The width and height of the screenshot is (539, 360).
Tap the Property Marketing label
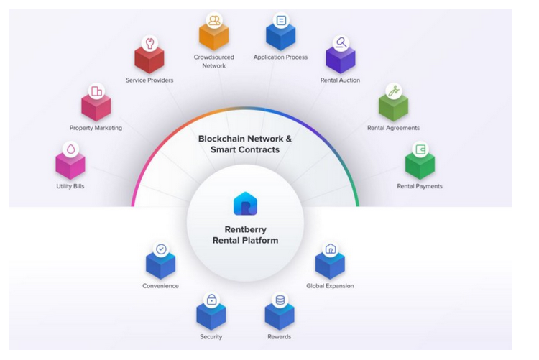[96, 128]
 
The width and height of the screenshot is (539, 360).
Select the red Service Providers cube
[149, 60]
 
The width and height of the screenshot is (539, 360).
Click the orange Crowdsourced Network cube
[213, 35]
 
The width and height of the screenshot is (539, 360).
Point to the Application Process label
[280, 57]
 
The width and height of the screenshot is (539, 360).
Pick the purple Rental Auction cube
[340, 58]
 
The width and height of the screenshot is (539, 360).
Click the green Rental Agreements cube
[393, 107]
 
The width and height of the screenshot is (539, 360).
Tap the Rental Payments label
[420, 186]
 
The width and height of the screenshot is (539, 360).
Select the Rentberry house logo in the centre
[245, 203]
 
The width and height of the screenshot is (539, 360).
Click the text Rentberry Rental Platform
[245, 235]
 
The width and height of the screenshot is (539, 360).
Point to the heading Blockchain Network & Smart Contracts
[245, 144]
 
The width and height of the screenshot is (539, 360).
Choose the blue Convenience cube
[160, 266]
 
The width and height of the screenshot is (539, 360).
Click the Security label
[211, 336]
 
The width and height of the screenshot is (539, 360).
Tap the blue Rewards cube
[279, 315]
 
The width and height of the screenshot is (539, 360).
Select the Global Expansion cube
[330, 265]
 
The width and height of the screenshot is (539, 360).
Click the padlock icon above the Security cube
[211, 299]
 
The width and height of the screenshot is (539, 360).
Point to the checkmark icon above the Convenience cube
[161, 249]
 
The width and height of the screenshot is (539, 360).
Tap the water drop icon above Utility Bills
[70, 149]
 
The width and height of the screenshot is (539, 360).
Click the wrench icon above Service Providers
[149, 43]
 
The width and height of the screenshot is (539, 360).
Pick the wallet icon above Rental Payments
[420, 149]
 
